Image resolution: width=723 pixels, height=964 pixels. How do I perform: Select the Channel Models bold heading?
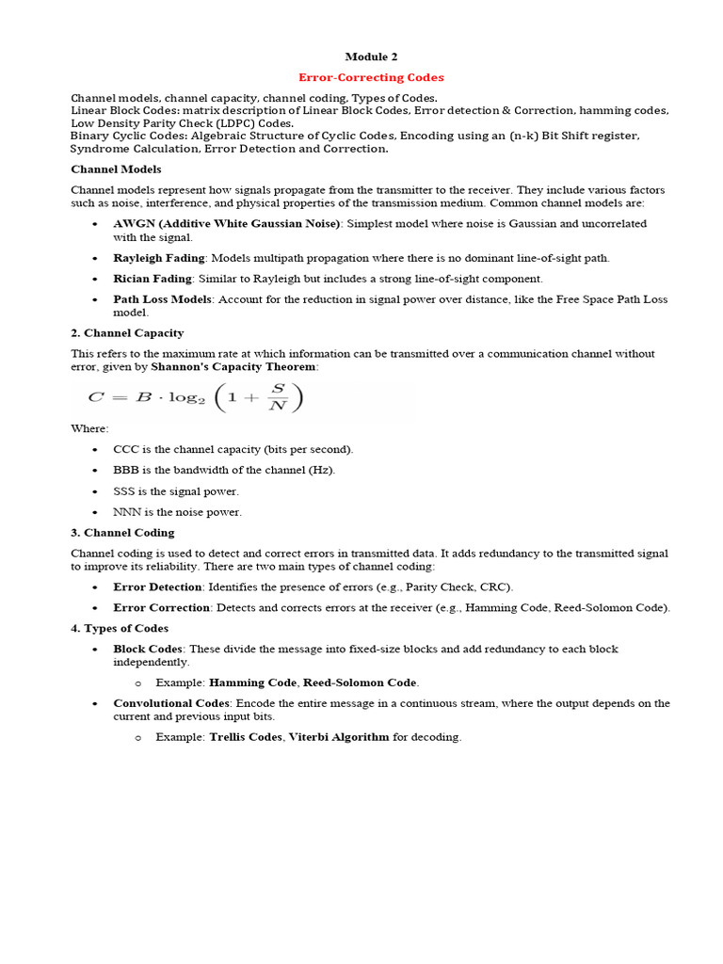click(116, 169)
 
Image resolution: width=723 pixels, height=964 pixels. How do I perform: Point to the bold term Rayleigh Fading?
click(153, 258)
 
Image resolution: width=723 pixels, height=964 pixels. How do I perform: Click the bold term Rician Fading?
click(153, 279)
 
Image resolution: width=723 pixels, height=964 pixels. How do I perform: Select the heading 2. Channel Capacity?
click(127, 333)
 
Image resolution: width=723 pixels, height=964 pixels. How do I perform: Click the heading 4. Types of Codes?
click(120, 628)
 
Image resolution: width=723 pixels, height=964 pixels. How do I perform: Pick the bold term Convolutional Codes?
click(171, 703)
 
